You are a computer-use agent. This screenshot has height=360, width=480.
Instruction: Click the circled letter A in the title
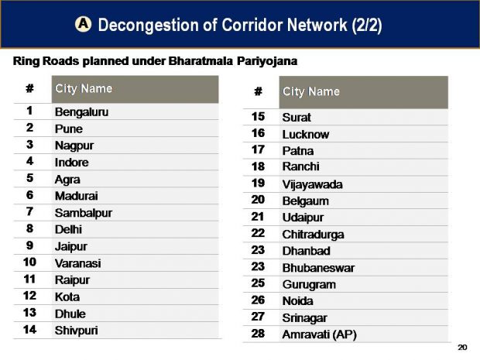pos(83,24)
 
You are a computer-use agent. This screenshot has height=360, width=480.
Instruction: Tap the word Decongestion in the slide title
pos(149,25)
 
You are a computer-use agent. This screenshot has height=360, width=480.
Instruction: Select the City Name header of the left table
pos(84,89)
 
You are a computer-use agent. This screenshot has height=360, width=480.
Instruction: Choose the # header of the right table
pos(259,91)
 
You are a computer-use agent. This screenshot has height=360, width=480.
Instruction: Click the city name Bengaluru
pos(81,112)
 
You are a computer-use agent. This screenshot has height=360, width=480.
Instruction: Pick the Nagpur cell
pos(74,146)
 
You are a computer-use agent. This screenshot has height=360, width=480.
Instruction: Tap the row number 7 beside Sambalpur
pos(29,211)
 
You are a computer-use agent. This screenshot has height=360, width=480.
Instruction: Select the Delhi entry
pos(68,230)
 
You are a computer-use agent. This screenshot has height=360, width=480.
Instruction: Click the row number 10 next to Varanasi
pos(29,262)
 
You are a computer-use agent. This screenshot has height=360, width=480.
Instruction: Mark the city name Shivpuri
pos(76,331)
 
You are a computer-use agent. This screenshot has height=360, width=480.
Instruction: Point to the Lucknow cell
pos(306,135)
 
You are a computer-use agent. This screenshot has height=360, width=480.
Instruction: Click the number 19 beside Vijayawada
pos(258,183)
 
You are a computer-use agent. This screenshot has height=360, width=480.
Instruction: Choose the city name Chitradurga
pos(313,235)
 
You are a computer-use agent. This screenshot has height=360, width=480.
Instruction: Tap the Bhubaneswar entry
pos(318,268)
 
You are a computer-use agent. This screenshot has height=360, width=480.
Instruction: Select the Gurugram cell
pos(309,285)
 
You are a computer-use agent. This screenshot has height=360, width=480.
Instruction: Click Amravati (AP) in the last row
pos(319,334)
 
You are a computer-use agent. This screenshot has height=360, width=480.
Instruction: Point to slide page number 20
pos(462,348)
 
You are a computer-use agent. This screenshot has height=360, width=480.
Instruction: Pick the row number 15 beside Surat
pos(258,117)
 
